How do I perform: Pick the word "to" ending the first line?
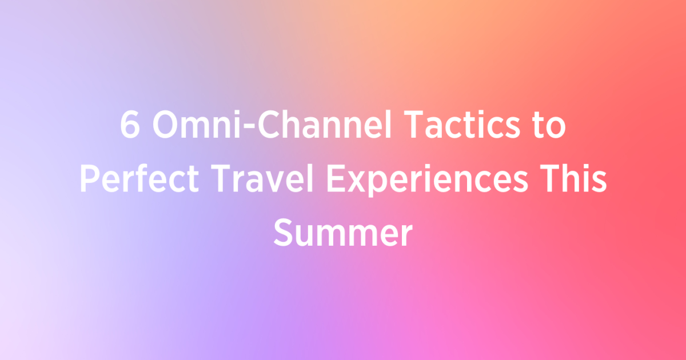tap(550, 127)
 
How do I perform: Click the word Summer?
tap(342, 233)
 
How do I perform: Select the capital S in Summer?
tap(283, 233)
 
